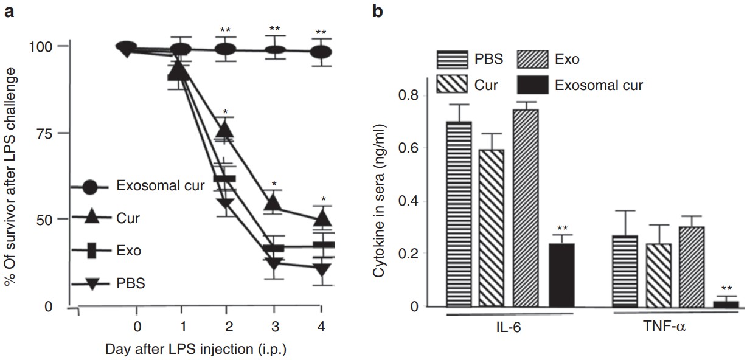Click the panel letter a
click(9, 11)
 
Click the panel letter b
click(378, 11)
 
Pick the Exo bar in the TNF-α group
click(691, 267)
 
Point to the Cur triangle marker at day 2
click(226, 129)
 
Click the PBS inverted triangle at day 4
click(321, 270)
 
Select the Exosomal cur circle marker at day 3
click(275, 50)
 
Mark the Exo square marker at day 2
click(225, 179)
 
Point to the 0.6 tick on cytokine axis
click(409, 148)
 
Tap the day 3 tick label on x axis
click(275, 326)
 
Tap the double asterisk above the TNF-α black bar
click(726, 288)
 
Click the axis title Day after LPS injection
click(195, 350)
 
